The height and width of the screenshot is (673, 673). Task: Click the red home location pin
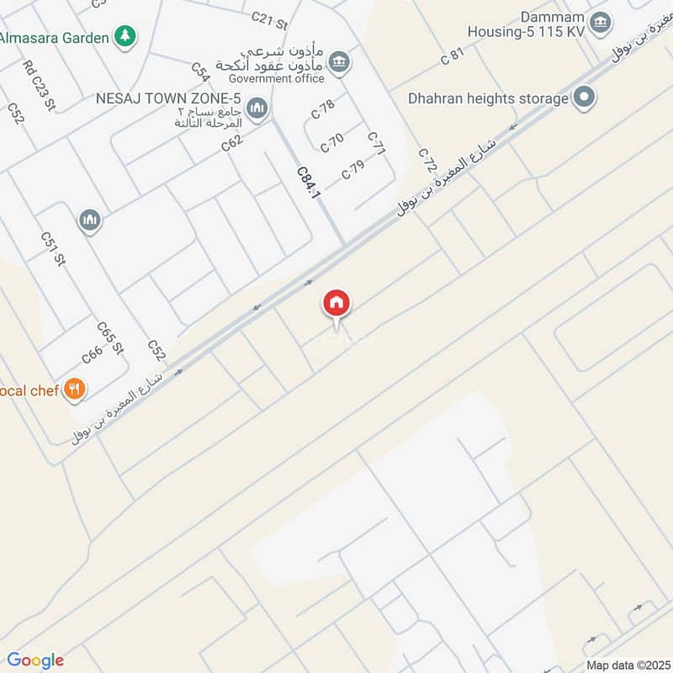point(336,304)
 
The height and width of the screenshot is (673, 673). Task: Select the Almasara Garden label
point(55,37)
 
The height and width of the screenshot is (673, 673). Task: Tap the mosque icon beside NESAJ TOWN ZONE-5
point(257,108)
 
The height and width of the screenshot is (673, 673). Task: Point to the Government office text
point(282,79)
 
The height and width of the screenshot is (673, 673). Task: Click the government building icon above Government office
point(339,61)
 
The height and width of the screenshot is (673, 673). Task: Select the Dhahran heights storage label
point(488,98)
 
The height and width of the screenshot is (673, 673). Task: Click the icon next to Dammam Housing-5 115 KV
point(600,23)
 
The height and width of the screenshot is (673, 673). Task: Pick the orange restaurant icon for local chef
point(76,389)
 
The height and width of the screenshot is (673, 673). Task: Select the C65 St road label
point(110,337)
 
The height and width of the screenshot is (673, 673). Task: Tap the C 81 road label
point(453,56)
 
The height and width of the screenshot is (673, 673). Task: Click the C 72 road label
point(427,159)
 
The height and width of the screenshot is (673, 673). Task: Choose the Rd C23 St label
point(39,85)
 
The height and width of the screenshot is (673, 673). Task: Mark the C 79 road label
point(353,169)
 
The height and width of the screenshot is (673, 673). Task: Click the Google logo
point(35,660)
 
